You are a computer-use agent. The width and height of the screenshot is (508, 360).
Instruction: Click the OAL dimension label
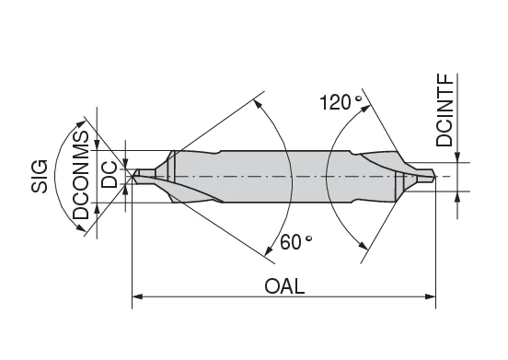284,285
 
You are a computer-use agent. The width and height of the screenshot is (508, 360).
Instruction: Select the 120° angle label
341,102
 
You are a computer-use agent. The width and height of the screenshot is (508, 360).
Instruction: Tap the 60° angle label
296,242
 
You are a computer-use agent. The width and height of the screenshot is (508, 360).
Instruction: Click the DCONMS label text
81,175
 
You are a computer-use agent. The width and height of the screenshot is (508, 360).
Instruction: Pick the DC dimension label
110,174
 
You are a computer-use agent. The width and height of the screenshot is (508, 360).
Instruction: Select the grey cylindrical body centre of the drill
285,175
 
